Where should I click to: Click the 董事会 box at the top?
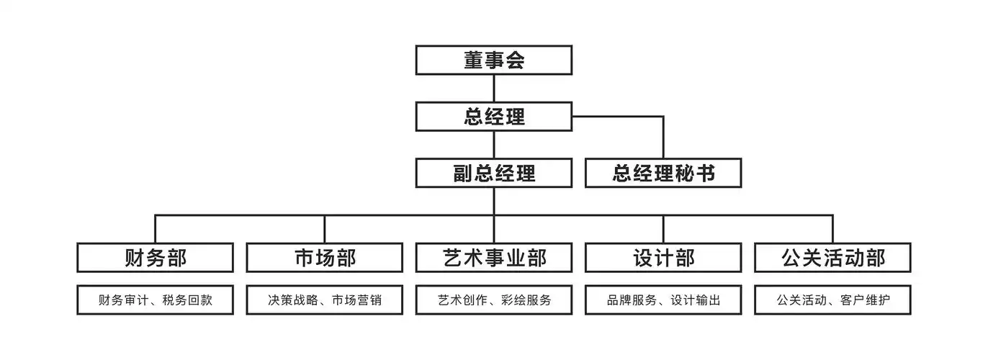coord(494,60)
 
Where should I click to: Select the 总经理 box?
coord(494,116)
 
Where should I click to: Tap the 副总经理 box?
coord(494,173)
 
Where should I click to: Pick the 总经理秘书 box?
coord(663,173)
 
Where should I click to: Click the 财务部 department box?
coord(155,258)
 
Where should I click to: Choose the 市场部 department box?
coord(325,258)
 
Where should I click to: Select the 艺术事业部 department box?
coord(494,258)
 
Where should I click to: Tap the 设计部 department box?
coord(663,258)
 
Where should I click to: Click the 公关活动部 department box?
coord(832,258)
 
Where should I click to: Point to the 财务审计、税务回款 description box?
coord(155,300)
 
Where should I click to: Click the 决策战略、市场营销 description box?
coord(325,300)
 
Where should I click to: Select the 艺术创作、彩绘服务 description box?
coord(494,300)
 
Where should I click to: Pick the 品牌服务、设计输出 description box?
coord(663,300)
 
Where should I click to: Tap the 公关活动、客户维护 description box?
coord(832,300)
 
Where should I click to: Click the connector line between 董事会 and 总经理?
coord(494,88)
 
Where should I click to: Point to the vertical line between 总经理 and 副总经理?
coord(494,144)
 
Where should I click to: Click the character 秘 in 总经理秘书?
coord(684,174)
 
